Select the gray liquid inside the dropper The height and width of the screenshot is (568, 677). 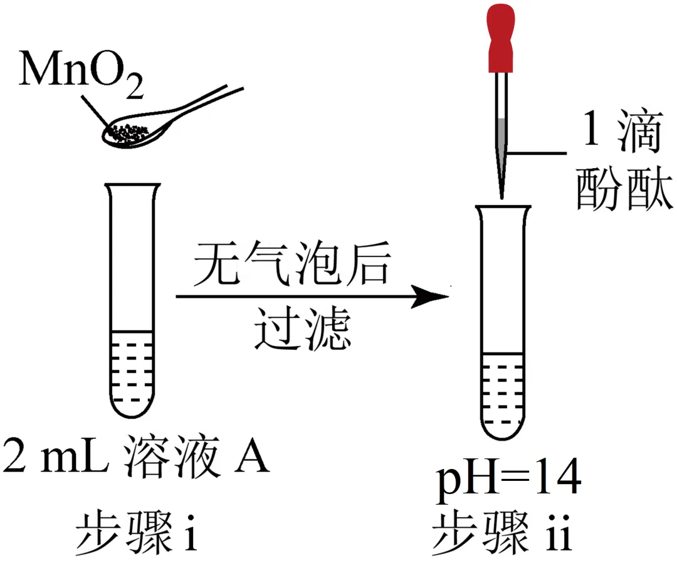(501, 129)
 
